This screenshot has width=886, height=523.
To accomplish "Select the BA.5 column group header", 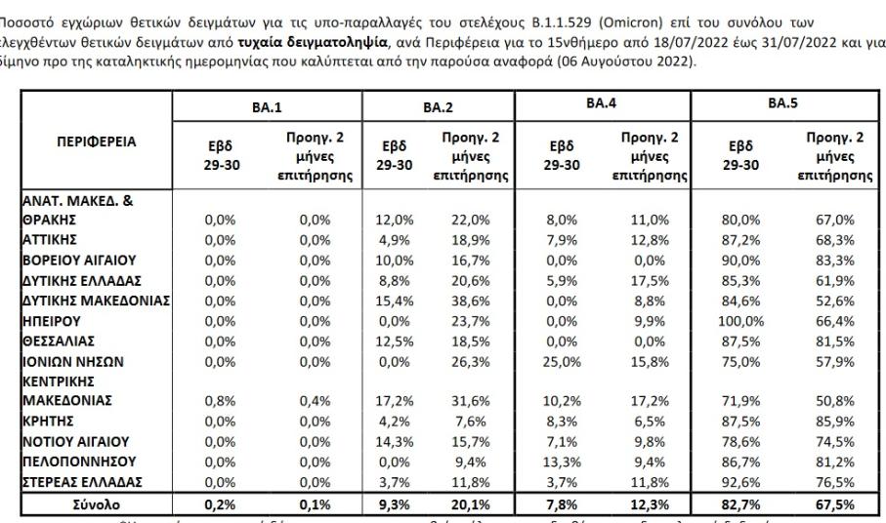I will click(x=781, y=102).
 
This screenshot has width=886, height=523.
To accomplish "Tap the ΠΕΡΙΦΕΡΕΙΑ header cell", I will click(x=96, y=142).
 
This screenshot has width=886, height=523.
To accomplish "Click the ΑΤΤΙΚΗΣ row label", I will click(x=50, y=240).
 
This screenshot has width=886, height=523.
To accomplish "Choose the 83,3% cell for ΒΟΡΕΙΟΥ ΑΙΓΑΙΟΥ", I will click(x=832, y=261).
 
